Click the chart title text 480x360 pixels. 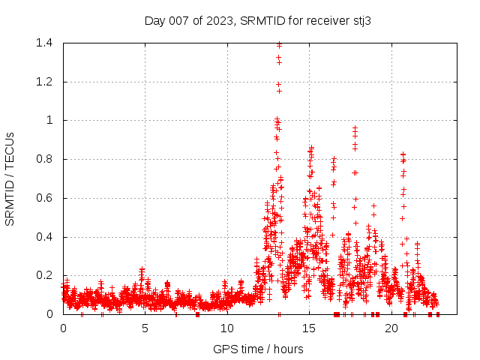pyautogui.click(x=258, y=21)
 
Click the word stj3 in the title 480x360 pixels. pyautogui.click(x=361, y=21)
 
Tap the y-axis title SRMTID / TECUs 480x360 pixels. pyautogui.click(x=10, y=178)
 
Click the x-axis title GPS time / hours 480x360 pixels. pyautogui.click(x=258, y=349)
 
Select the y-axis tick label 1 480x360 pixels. pyautogui.click(x=49, y=120)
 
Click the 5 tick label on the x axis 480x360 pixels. pyautogui.click(x=145, y=328)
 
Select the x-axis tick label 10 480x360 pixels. pyautogui.click(x=226, y=328)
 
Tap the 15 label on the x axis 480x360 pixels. pyautogui.click(x=308, y=328)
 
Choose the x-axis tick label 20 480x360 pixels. pyautogui.click(x=391, y=328)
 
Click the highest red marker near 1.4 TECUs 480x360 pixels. pyautogui.click(x=279, y=44)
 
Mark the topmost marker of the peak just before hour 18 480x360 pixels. pyautogui.click(x=355, y=128)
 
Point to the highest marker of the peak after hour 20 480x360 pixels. pyautogui.click(x=403, y=154)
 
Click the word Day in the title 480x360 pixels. pyautogui.click(x=154, y=21)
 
